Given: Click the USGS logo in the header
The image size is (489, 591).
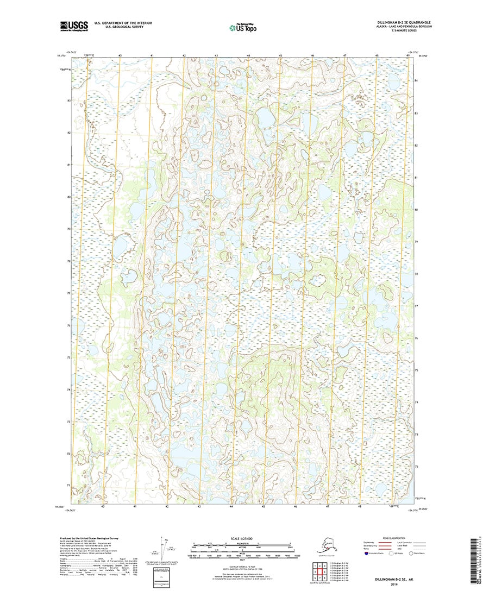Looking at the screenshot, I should (x=73, y=25).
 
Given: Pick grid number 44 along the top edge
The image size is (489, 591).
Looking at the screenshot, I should (x=248, y=56).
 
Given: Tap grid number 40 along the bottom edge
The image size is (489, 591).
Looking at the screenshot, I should (x=103, y=506).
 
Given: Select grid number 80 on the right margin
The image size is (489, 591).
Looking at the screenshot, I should (x=416, y=209).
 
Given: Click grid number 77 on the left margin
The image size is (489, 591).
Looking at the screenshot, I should (x=68, y=293).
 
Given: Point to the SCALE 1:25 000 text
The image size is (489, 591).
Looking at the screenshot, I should (x=244, y=538).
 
